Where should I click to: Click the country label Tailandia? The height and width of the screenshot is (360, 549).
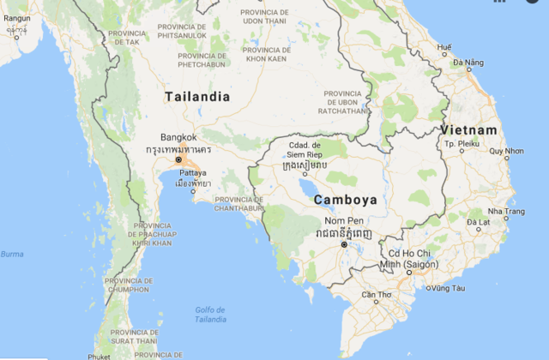197,97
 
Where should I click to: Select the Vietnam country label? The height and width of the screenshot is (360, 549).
468,129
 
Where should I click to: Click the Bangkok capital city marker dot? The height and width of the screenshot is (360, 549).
178,159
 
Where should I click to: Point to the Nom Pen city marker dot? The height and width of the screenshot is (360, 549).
344,244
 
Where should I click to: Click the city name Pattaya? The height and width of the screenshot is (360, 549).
193,172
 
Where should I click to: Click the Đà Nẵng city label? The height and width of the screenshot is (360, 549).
468,63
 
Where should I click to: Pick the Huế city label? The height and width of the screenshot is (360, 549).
444,46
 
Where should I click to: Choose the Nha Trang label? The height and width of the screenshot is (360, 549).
506,211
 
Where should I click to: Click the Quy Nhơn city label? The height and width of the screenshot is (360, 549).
505,151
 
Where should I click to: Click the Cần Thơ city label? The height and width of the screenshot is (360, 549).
377,295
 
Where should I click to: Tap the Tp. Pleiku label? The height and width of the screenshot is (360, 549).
461,143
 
